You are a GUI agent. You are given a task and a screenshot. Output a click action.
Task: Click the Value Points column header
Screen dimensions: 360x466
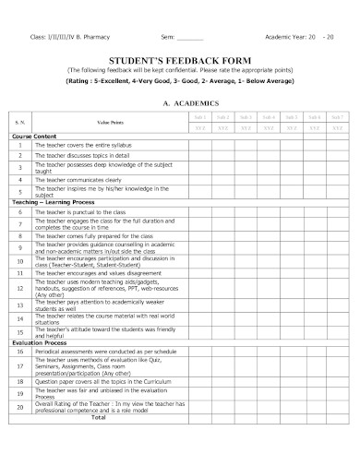(x=110, y=124)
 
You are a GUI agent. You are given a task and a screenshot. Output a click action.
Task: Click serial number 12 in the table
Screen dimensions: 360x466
(x=20, y=289)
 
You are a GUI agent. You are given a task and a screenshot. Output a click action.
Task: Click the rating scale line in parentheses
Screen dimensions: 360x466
(x=182, y=81)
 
